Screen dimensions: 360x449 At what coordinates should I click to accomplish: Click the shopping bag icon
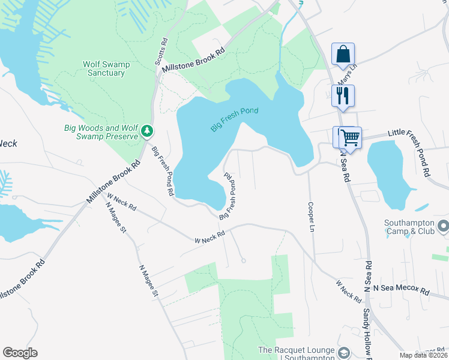(343, 54)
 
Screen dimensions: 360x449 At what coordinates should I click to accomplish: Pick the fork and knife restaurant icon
(343, 95)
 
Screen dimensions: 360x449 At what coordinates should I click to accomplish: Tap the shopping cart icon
(349, 137)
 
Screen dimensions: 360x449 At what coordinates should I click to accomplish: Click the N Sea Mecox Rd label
(401, 290)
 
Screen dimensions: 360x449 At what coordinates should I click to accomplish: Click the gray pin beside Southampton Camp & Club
(444, 227)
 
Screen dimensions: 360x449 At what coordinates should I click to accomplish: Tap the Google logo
(20, 353)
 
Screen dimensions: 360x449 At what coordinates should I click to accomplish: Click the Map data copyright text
(423, 355)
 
